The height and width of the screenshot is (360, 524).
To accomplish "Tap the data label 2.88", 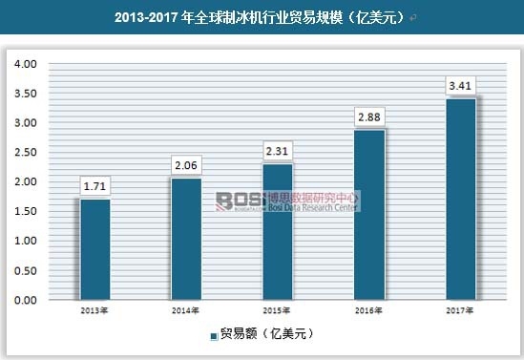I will tap(369, 117).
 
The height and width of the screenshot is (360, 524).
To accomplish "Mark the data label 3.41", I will tap(461, 86).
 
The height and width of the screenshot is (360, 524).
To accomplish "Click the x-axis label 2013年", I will tap(95, 311).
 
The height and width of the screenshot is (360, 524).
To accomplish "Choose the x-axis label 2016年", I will tap(369, 311).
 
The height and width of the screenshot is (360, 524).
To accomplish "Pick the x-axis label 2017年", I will tap(461, 311).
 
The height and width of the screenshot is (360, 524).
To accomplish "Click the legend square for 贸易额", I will tap(214, 336).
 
